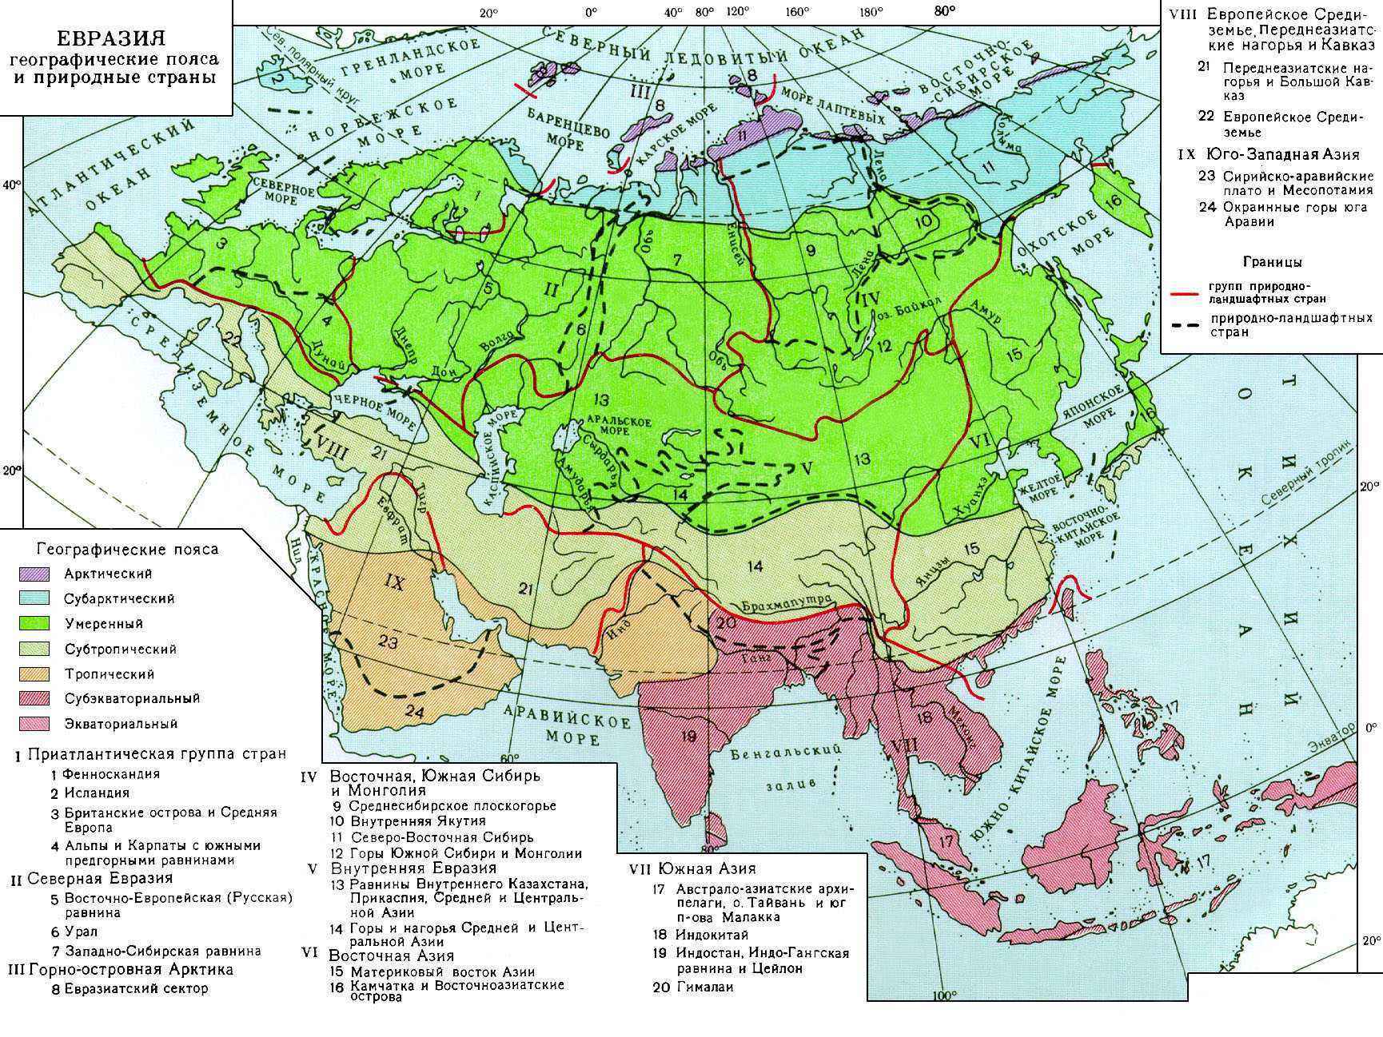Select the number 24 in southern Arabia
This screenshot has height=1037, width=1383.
pos(413,712)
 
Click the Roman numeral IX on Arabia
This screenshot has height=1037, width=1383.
pos(394,582)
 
